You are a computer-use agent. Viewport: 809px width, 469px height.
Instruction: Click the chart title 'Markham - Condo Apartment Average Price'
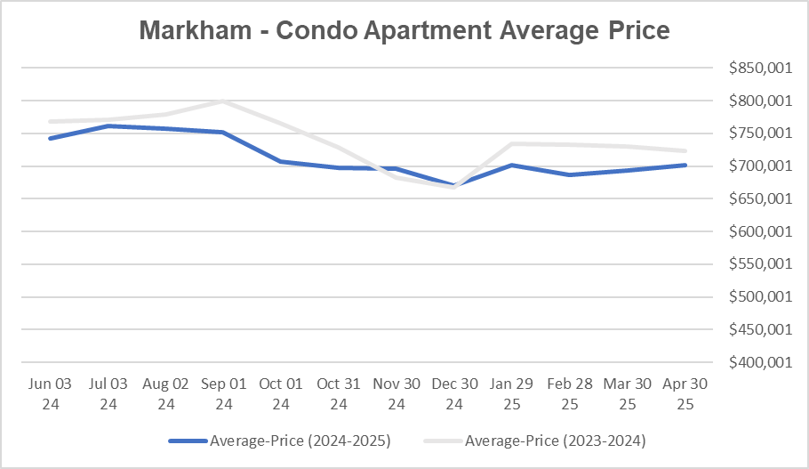click(x=404, y=30)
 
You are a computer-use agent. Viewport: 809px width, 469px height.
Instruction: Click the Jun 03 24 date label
click(x=50, y=392)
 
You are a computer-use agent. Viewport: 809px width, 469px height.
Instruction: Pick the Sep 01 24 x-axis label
click(x=223, y=392)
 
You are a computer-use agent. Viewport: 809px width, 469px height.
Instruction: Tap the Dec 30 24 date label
click(x=455, y=392)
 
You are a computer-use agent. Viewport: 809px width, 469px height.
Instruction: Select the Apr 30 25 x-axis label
click(x=685, y=392)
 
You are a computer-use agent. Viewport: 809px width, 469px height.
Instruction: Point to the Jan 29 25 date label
click(x=512, y=392)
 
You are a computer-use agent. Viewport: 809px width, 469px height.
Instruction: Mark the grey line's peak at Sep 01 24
click(x=223, y=101)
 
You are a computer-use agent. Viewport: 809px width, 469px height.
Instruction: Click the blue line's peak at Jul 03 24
click(x=108, y=125)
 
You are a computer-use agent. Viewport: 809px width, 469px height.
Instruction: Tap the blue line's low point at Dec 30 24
click(x=455, y=185)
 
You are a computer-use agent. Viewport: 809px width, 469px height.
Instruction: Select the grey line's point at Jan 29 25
click(x=512, y=143)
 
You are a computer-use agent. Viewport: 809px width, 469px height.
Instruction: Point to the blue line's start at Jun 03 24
click(x=50, y=138)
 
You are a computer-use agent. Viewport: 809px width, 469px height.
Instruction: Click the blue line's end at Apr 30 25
click(x=685, y=165)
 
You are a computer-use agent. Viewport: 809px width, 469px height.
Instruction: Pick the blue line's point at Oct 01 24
click(x=281, y=161)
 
